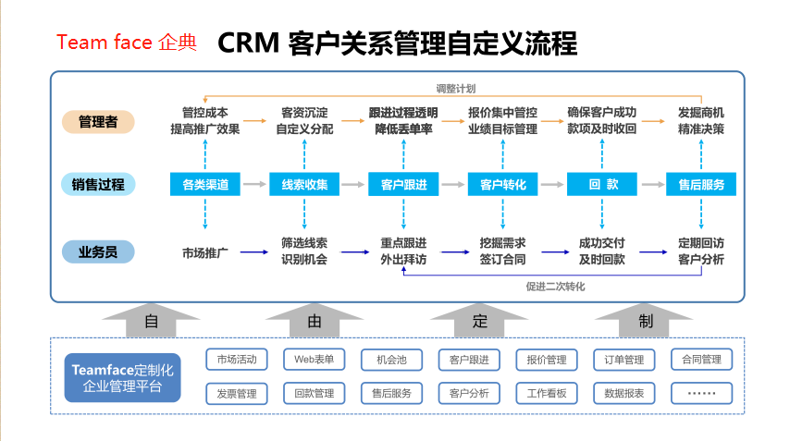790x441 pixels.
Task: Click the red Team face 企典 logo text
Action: point(127,43)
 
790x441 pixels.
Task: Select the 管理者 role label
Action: point(99,121)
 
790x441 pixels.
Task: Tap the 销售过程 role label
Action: point(99,184)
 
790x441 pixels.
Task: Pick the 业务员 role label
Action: point(99,251)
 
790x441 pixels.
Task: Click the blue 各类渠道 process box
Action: point(205,184)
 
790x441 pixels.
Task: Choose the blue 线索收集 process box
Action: point(304,184)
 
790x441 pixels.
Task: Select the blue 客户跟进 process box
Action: point(403,184)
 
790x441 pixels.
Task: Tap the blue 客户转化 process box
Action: point(502,184)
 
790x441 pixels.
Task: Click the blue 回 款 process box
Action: point(602,184)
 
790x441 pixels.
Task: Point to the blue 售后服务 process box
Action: point(701,184)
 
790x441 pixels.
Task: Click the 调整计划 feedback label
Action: point(456,89)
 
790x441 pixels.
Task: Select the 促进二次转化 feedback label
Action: point(555,287)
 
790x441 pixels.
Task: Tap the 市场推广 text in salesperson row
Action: point(205,251)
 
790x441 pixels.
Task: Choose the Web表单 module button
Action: point(314,359)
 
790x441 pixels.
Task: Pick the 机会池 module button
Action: point(391,359)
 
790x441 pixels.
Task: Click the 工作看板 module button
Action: point(546,393)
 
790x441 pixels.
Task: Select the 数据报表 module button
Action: point(623,393)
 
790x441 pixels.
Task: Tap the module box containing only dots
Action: point(701,393)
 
